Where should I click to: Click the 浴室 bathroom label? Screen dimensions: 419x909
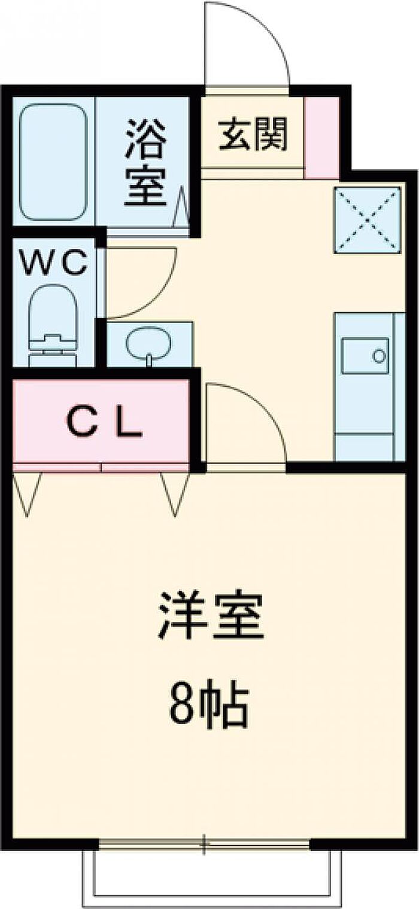[x=146, y=162]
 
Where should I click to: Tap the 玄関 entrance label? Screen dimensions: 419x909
[x=253, y=134]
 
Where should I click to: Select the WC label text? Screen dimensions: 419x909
[x=54, y=263]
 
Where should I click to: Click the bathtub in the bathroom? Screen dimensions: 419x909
[x=54, y=162]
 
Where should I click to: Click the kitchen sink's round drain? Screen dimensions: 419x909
[x=379, y=356]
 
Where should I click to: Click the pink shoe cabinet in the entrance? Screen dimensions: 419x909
[x=322, y=138]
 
